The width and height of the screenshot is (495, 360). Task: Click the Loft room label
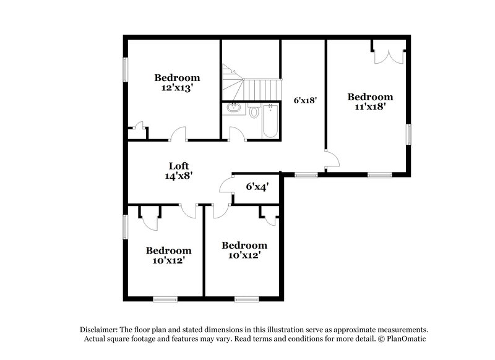(x=178, y=166)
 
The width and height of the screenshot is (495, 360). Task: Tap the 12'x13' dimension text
(x=177, y=88)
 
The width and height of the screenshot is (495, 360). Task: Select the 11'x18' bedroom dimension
(x=370, y=106)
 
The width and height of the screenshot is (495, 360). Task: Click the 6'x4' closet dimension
(x=257, y=186)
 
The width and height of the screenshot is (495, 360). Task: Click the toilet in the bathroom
(x=254, y=112)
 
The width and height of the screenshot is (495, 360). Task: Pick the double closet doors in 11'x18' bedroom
(x=389, y=54)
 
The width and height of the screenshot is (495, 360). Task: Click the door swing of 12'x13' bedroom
(x=178, y=134)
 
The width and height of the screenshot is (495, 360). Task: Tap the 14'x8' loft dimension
(x=178, y=175)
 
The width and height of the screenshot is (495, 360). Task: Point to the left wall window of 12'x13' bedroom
(x=124, y=69)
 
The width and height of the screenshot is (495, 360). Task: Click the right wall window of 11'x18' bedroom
(x=408, y=135)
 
